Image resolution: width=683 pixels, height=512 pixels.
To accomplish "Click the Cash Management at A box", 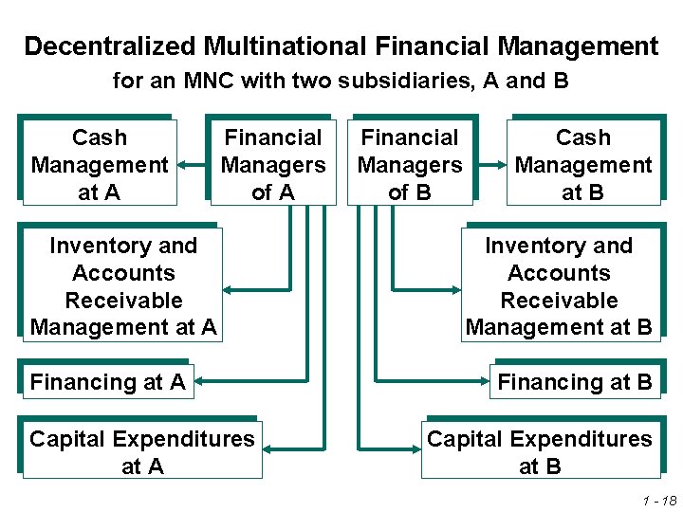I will (99, 163).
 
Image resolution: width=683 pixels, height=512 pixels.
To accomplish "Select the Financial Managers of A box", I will (273, 163).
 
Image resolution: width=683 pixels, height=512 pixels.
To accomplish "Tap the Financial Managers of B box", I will (410, 163).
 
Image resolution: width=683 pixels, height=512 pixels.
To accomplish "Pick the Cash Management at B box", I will (582, 163).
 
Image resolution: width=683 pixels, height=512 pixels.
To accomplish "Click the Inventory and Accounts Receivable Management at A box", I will (123, 285).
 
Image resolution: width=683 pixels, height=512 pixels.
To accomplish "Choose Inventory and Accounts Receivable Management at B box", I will (559, 285).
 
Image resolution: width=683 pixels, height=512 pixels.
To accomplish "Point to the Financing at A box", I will (107, 381).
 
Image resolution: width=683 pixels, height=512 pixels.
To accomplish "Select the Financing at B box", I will (575, 381).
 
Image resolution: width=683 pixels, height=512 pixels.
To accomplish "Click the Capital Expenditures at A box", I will (142, 451).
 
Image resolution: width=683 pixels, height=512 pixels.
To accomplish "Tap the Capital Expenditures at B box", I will (539, 451).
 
